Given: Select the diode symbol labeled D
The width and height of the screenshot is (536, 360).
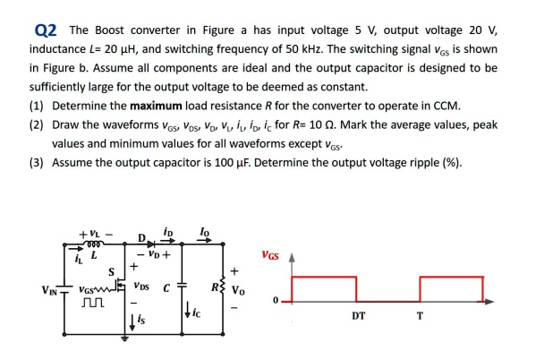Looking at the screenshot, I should pyautogui.click(x=165, y=241).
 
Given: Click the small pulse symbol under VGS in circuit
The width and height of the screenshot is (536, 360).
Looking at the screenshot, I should pyautogui.click(x=89, y=305).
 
